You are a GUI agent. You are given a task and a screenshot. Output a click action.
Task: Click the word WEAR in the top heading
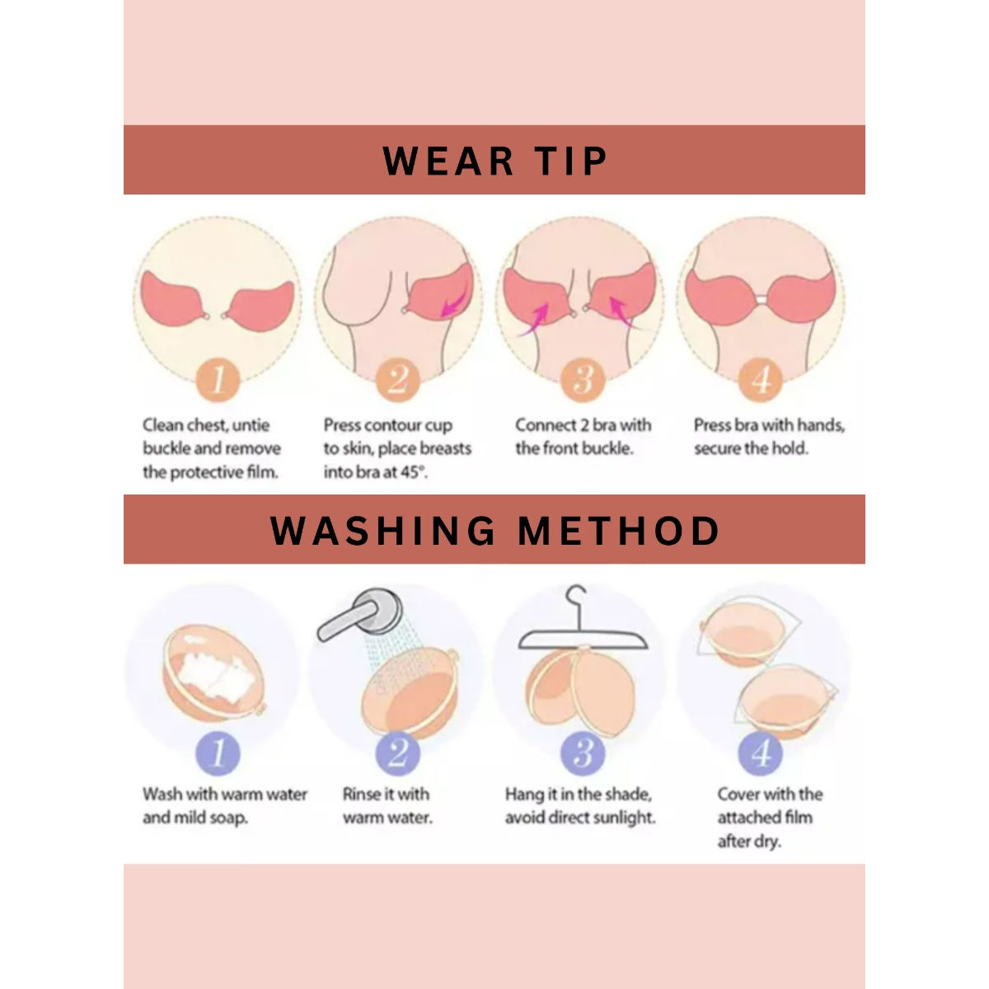[448, 162]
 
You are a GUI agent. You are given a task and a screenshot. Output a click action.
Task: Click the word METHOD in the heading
[618, 530]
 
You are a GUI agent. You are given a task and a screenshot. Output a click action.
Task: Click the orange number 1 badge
[218, 381]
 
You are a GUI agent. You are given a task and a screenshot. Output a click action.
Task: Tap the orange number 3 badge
[583, 381]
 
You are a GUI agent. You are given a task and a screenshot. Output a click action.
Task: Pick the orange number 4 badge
[761, 381]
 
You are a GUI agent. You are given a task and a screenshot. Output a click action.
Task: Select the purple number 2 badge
[398, 753]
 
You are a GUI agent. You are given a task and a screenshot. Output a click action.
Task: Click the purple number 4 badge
[761, 753]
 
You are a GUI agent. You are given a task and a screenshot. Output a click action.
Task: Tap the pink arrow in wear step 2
[455, 302]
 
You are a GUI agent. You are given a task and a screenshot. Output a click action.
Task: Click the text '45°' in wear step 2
[415, 472]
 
